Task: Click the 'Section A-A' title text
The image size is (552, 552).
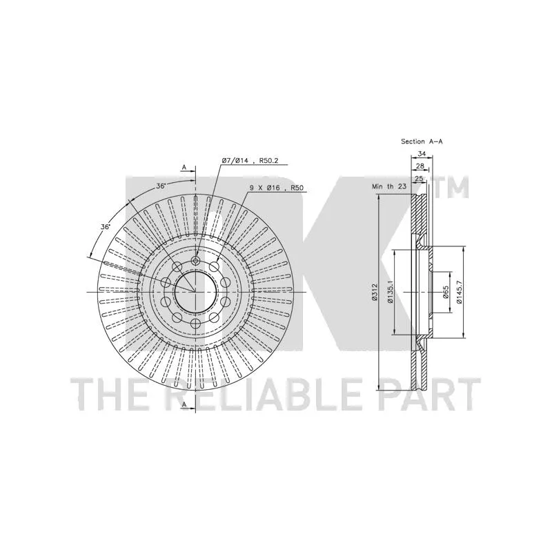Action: coord(422,141)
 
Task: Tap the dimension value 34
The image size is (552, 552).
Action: coord(422,153)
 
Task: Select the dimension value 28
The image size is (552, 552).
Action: coord(420,166)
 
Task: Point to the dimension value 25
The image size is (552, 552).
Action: coord(419,179)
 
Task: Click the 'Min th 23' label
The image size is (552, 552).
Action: coord(389,186)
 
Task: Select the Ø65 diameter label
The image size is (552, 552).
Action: coord(446,292)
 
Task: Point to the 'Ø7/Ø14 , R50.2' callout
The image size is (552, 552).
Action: coord(250,161)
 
